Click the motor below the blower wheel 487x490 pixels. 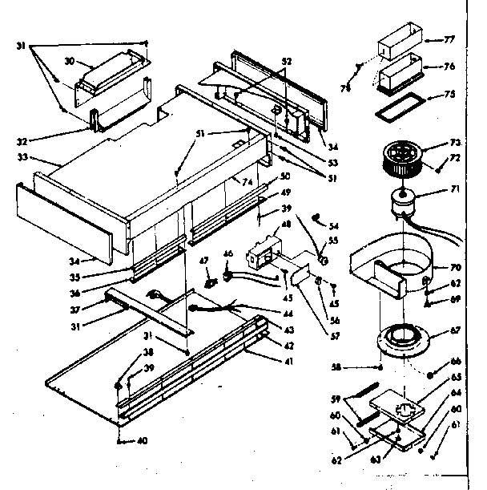click(x=403, y=200)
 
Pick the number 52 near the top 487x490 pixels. click(x=288, y=60)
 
